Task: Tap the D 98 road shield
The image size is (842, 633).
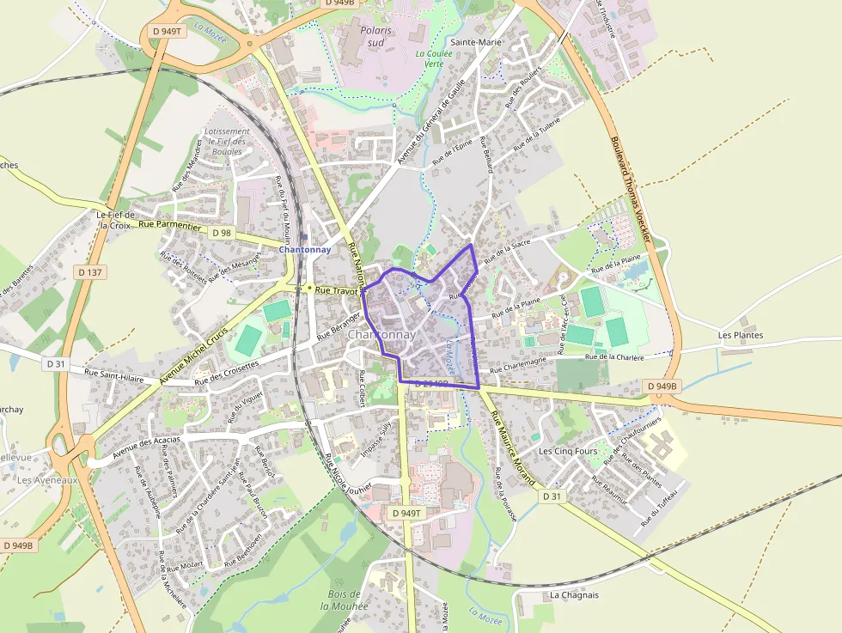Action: click(x=221, y=233)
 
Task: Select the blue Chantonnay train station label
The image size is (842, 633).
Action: click(x=305, y=249)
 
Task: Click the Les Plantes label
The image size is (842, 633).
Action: click(x=741, y=335)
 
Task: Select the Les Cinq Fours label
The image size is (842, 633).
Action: click(x=568, y=451)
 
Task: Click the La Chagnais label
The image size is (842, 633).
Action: click(x=574, y=594)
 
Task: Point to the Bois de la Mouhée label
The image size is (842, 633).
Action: click(x=344, y=600)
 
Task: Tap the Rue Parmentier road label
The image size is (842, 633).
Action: click(x=169, y=224)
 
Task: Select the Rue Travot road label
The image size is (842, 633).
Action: click(x=335, y=291)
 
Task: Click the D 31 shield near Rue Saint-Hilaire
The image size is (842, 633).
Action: click(x=56, y=363)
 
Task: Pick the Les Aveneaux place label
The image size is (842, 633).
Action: click(x=48, y=480)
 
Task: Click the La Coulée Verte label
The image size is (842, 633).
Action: click(x=430, y=58)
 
